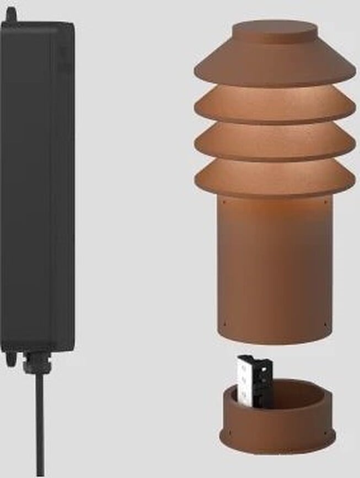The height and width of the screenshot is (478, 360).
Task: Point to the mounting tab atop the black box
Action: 10,15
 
